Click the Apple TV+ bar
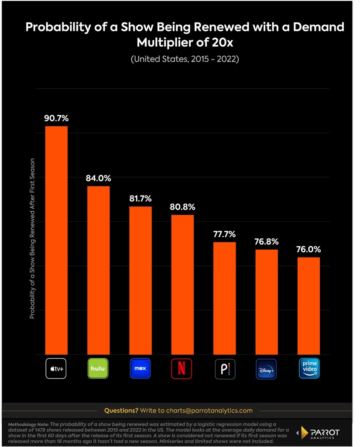[56, 241]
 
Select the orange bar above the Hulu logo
[98, 270]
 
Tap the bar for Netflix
[182, 285]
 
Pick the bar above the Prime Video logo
[309, 306]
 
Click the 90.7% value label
[56, 118]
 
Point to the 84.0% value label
[98, 178]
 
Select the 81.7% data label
[141, 199]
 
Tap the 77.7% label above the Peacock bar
[225, 234]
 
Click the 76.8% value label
[267, 241]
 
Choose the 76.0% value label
[309, 249]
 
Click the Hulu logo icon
[98, 368]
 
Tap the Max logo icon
[140, 368]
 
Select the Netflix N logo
[182, 368]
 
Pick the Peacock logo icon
[225, 369]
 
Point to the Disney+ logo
[266, 369]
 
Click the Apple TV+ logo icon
[56, 368]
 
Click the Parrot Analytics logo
[318, 433]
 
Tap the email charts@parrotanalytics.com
[209, 410]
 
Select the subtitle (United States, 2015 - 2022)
[185, 59]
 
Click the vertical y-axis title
[32, 239]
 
